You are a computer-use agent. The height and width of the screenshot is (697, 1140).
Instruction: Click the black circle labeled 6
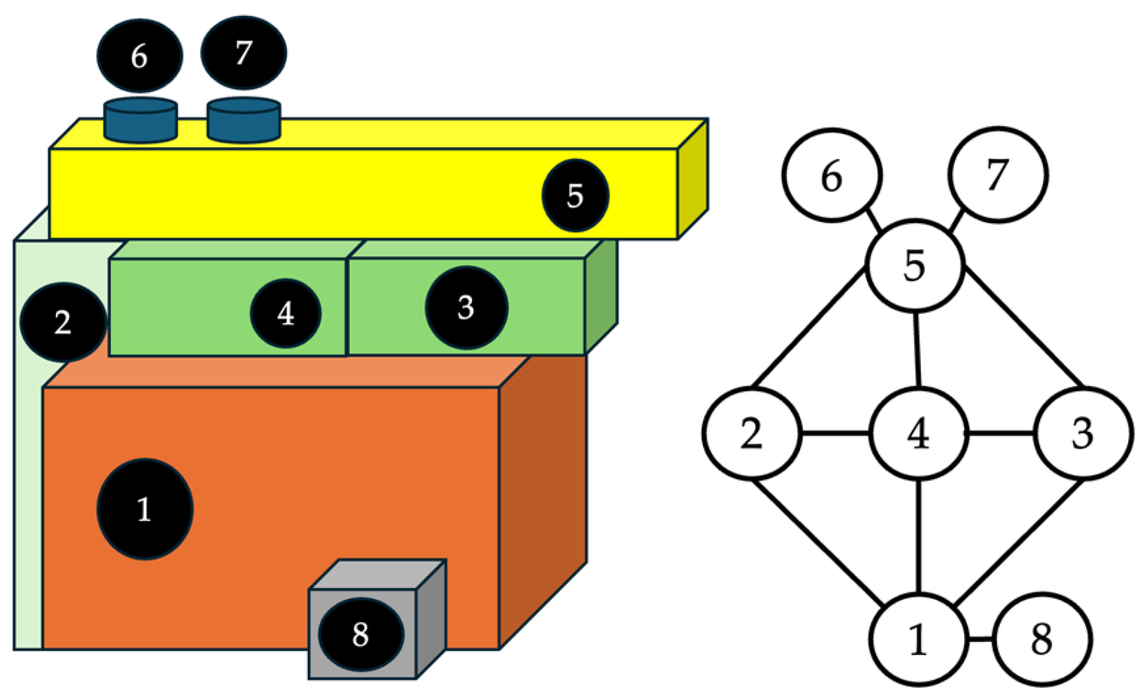140,56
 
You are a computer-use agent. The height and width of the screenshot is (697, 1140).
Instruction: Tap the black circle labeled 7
243,53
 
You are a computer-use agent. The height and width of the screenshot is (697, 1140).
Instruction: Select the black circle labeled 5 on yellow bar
575,195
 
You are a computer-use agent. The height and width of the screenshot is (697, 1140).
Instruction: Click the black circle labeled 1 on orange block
145,509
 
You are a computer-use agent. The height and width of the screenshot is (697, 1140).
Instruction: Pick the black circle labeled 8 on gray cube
361,634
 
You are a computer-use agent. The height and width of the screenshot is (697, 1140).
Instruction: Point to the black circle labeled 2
63,322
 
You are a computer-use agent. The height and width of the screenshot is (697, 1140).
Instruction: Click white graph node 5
915,265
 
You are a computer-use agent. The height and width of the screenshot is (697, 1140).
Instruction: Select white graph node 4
918,433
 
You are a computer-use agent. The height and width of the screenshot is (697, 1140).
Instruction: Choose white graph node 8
1041,638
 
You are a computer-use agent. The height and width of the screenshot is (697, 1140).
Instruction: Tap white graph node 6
831,175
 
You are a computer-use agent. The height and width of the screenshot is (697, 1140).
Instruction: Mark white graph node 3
1082,433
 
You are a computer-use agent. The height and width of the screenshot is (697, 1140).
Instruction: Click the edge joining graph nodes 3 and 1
1019,541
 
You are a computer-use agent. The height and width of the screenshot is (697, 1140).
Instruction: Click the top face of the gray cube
377,574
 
